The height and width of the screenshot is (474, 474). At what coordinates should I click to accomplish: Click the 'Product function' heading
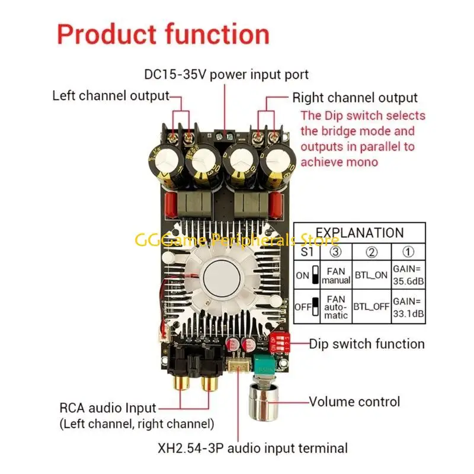(x=163, y=35)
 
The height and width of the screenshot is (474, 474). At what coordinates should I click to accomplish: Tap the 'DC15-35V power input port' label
(x=226, y=75)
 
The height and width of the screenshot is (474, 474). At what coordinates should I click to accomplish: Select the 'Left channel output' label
(x=111, y=96)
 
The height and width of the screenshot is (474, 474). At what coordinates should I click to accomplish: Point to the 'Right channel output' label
(x=355, y=98)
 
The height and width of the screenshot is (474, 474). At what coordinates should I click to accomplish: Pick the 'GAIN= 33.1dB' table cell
(x=408, y=307)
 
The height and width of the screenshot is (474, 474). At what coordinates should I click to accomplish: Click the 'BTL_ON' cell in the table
(x=371, y=274)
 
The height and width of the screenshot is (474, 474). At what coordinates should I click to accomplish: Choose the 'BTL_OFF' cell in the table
(x=371, y=307)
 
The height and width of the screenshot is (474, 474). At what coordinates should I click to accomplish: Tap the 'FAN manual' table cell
(x=336, y=274)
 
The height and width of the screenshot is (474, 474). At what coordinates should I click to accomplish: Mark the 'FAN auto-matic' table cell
(x=336, y=307)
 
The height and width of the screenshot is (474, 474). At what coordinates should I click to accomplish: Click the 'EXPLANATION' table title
(x=359, y=232)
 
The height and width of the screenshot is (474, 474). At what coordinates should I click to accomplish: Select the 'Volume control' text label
(x=354, y=402)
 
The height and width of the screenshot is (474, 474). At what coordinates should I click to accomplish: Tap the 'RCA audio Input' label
(x=108, y=408)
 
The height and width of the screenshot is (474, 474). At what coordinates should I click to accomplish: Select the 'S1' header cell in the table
(x=306, y=251)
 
